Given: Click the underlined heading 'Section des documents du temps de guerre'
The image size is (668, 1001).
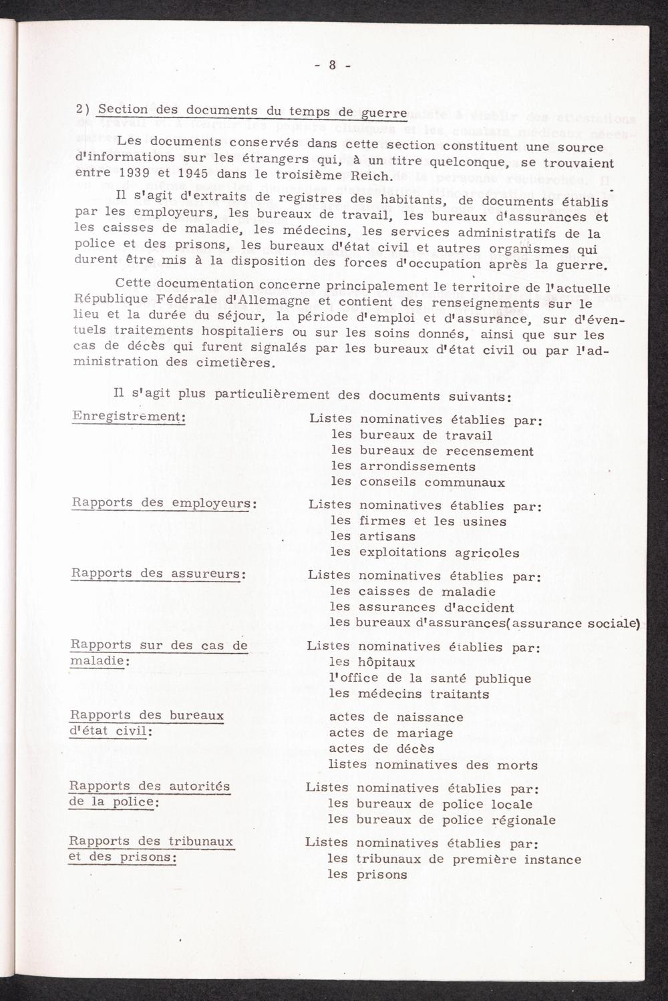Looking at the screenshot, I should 252,112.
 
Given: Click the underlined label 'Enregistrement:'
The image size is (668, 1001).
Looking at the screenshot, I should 128,416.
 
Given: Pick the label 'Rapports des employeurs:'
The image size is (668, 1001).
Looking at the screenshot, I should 164,503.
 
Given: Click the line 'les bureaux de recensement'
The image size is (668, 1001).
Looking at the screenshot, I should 432,451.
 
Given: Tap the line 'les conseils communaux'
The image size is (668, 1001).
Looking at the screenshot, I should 417,482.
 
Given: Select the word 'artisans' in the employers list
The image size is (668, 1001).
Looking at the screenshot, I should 387,536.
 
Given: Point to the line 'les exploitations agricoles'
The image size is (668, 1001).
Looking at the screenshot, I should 425,552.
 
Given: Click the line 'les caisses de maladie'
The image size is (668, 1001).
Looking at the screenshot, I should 413,591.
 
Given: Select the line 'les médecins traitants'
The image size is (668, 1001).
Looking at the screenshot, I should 409,694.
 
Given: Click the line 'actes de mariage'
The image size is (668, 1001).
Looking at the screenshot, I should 391,733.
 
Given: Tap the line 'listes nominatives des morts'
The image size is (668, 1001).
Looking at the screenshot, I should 433,765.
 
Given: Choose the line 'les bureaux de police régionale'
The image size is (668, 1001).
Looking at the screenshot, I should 442,820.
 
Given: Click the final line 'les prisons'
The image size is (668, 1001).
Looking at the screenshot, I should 367,875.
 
